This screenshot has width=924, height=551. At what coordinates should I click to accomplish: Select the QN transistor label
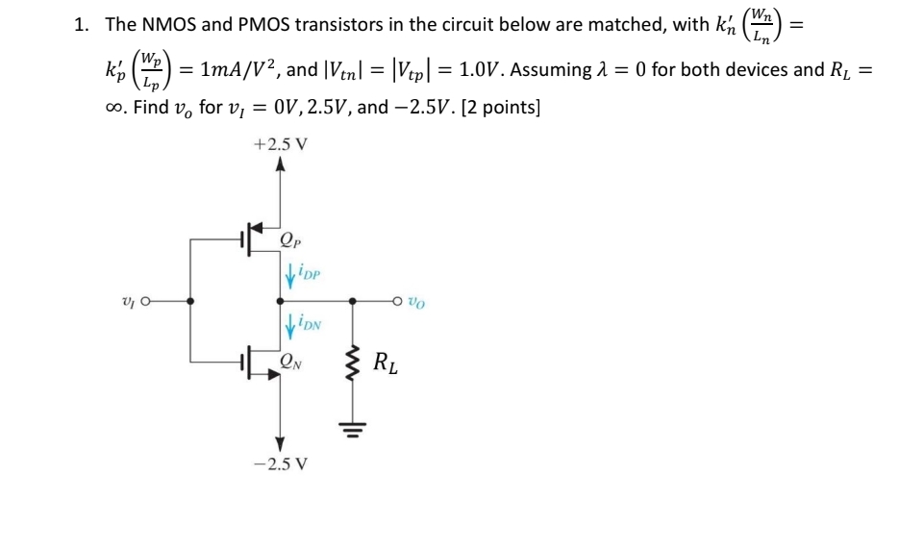(x=288, y=363)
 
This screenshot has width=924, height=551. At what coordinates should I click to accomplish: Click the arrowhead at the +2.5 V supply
(x=281, y=167)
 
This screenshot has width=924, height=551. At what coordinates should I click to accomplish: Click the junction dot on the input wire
(x=190, y=300)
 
